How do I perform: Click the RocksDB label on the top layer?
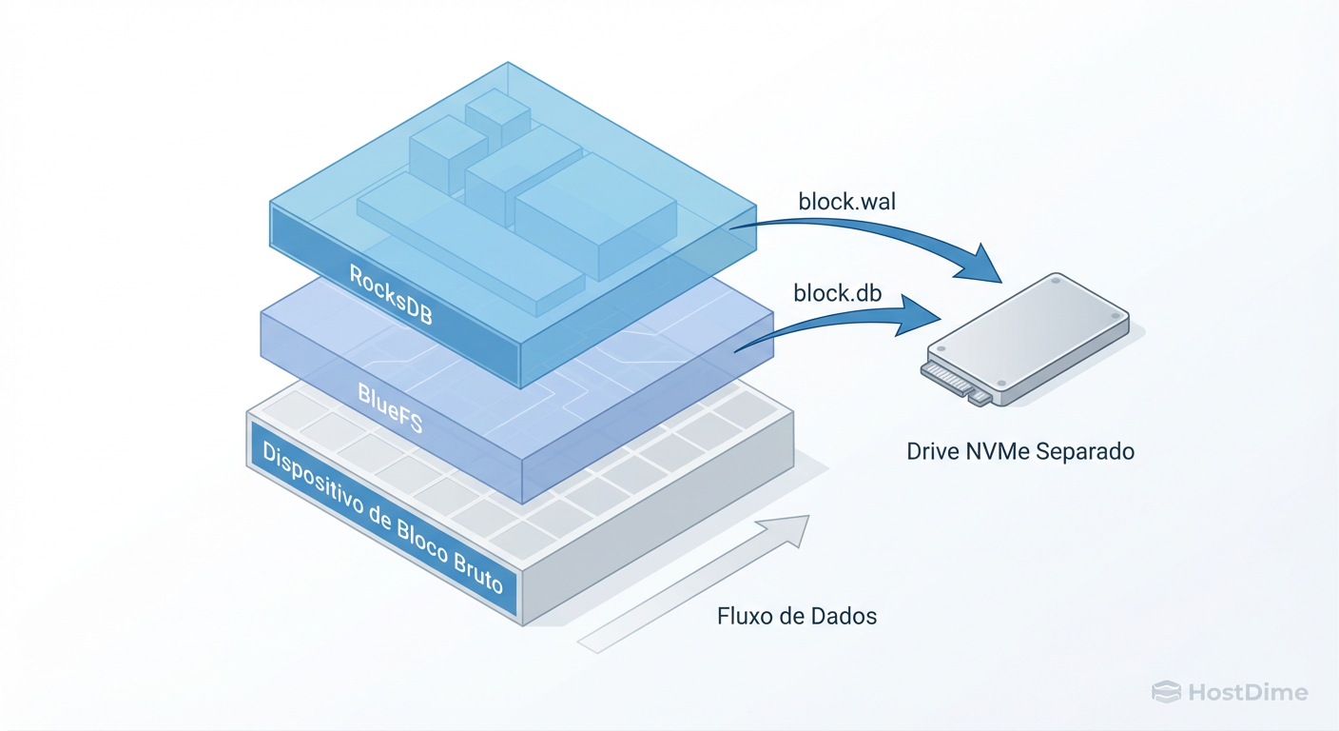click(x=391, y=295)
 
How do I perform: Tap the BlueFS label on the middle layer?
click(x=390, y=407)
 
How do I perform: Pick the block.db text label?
click(x=838, y=293)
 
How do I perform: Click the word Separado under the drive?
click(x=1087, y=451)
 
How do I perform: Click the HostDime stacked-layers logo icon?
click(x=1165, y=692)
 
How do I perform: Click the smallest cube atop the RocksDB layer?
click(x=496, y=117)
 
